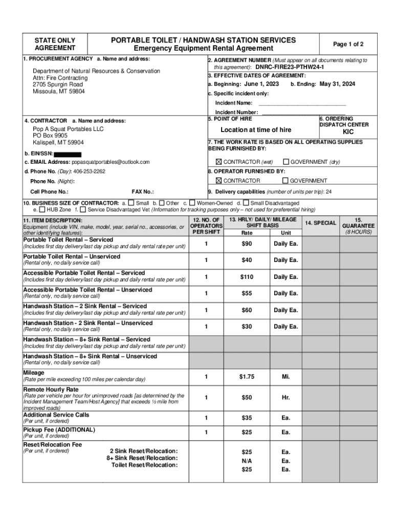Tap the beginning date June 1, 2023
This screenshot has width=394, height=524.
coord(261,84)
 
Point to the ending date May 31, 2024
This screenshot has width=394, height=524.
coord(337,84)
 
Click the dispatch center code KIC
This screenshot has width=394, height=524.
coord(348,132)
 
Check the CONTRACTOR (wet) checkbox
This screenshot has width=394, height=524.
coord(219,162)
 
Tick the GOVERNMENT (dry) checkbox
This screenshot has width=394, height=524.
coord(286,162)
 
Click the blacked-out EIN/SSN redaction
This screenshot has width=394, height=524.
coord(68,154)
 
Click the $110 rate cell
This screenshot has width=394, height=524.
coord(247,277)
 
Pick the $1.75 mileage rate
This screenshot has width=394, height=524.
coord(247,377)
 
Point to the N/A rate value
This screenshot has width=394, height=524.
coord(247,461)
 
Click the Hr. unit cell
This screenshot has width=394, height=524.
coord(286,398)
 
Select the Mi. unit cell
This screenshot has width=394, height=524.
coord(286,377)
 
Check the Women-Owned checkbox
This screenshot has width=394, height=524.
coord(192,203)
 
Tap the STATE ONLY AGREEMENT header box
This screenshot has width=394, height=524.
coord(55,44)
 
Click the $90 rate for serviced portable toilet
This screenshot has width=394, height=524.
coord(247,244)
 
